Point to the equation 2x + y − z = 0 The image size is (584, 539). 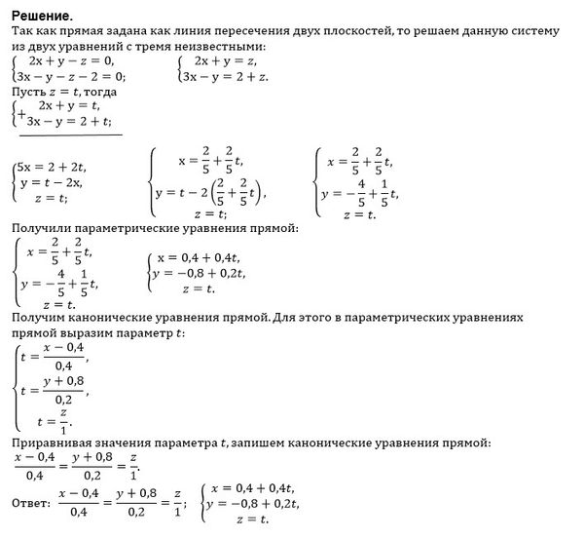tap(69, 59)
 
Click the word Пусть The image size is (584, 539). tap(29, 90)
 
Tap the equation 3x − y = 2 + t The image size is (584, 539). tap(69, 121)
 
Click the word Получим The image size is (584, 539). tap(38, 319)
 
